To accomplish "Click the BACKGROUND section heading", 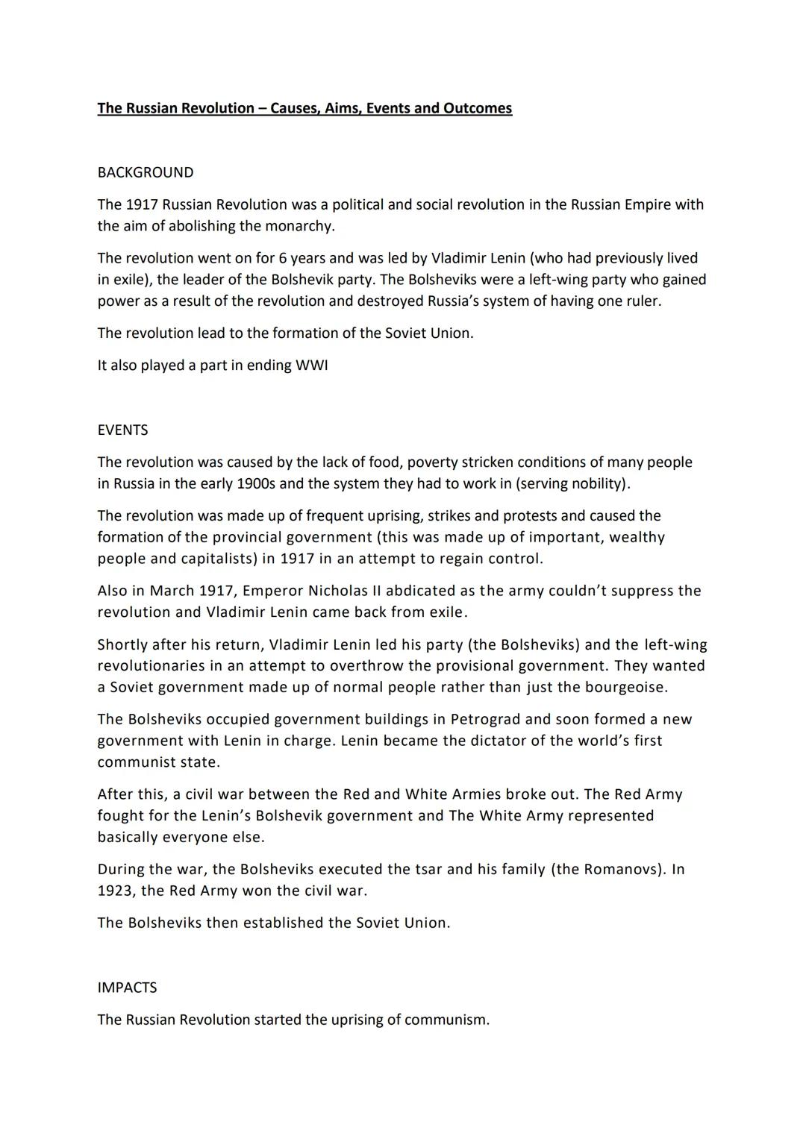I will pyautogui.click(x=145, y=172).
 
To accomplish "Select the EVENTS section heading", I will pyautogui.click(x=122, y=430).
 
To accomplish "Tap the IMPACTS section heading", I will pyautogui.click(x=127, y=988).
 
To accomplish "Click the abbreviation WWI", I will pyautogui.click(x=312, y=365).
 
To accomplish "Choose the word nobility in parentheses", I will pyautogui.click(x=598, y=483).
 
